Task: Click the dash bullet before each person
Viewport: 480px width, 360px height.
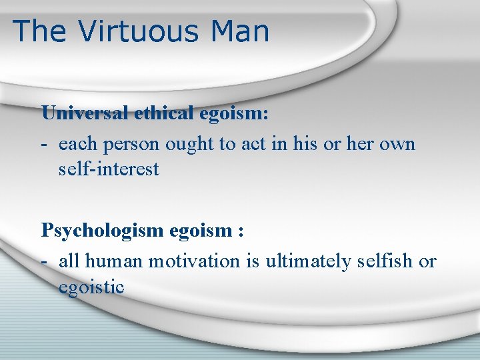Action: point(45,145)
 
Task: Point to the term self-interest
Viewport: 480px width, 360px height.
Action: point(109,169)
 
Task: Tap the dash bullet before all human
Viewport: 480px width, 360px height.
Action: point(45,262)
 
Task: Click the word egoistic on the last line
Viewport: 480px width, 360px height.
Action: point(91,287)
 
